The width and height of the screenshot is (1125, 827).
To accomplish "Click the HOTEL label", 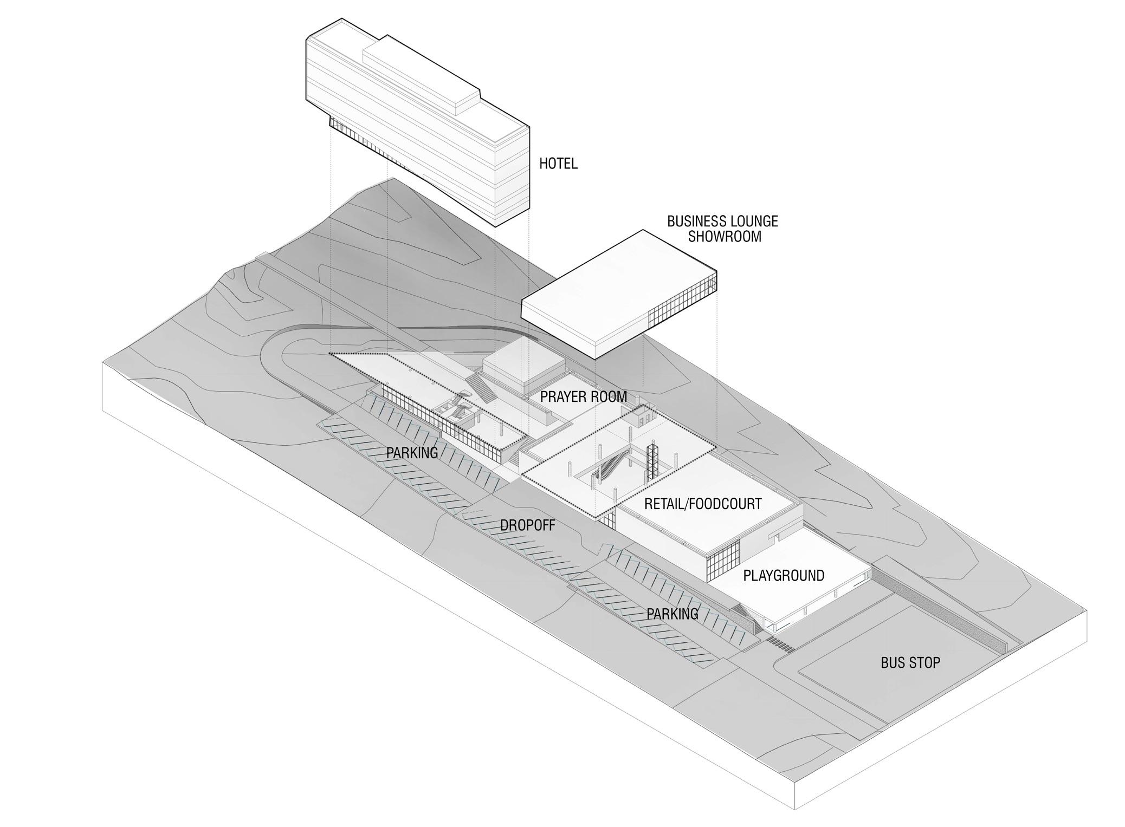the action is tap(558, 163).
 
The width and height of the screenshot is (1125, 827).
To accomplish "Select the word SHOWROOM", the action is tap(724, 237).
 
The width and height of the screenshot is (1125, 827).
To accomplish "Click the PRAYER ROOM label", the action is tap(583, 397).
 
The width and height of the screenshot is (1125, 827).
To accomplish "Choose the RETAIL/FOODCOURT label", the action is tap(702, 504).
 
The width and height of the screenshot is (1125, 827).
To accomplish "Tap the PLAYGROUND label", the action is tap(783, 575).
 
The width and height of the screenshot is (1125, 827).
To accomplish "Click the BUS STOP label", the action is tap(910, 662).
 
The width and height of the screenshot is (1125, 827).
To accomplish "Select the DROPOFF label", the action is tap(527, 525).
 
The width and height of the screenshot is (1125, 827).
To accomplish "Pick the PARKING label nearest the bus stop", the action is tap(672, 614).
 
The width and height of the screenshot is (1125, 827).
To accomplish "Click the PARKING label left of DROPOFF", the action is tap(412, 453).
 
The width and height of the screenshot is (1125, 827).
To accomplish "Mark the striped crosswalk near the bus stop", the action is tap(781, 644).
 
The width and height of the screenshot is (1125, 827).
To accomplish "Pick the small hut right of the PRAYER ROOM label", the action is tap(642, 416).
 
